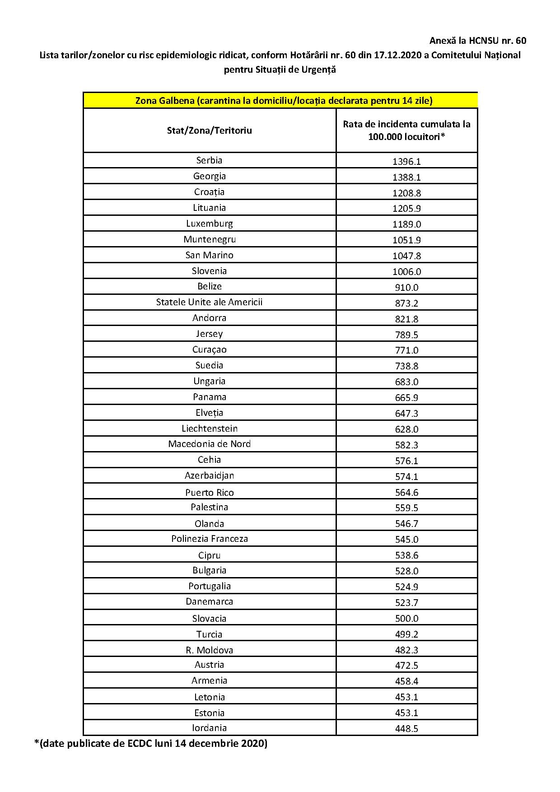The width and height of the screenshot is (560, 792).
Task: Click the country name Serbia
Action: point(209,160)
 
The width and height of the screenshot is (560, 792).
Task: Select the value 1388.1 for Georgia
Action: point(406,177)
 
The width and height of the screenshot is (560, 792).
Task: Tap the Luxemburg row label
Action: point(209,224)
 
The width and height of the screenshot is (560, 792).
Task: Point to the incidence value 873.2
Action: point(406,303)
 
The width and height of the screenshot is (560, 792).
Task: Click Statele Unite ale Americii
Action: point(209,302)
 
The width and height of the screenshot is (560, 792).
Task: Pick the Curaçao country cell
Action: point(209,349)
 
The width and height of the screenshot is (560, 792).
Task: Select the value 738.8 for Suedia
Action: point(406,366)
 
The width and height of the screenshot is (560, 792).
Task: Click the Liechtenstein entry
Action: point(209,429)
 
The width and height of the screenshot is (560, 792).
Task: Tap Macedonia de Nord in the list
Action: point(209,444)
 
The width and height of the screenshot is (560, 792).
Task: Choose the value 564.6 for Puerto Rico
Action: point(406,492)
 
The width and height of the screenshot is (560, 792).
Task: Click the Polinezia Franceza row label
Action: point(209,539)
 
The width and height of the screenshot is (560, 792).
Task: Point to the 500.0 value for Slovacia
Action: point(406,618)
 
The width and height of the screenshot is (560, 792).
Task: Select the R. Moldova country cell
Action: point(209,650)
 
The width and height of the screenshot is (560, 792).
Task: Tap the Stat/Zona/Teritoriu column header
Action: point(209,130)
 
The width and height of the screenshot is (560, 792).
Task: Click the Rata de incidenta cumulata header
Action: point(406,130)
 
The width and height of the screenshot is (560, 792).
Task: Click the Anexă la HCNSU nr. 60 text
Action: point(477,41)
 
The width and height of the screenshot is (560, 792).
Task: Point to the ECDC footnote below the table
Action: point(151,743)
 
